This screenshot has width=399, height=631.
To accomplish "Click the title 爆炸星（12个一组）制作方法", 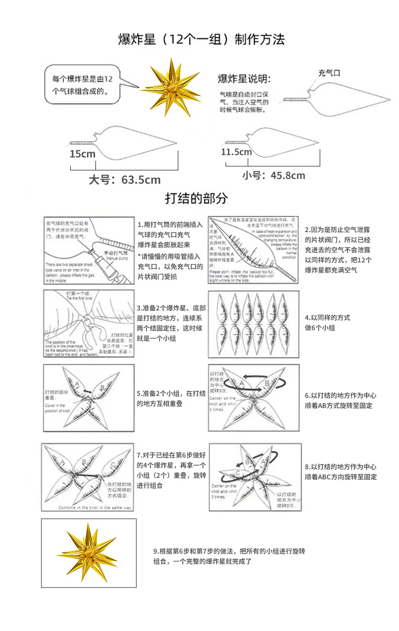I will [x=202, y=39].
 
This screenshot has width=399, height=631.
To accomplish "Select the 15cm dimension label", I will [x=82, y=154].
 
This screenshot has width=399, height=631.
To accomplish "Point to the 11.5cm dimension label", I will [x=236, y=152].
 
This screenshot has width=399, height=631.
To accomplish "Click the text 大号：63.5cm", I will [x=124, y=179].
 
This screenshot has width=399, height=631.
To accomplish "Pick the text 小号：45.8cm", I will [x=273, y=175].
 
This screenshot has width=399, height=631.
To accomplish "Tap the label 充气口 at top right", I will [x=329, y=72].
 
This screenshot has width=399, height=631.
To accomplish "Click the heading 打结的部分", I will [x=196, y=198].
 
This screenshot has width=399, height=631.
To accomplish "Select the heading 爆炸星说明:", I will [x=244, y=78].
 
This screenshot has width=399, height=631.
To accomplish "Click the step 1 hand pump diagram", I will [x=89, y=251].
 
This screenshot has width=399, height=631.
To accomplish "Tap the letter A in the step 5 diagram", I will [x=78, y=384].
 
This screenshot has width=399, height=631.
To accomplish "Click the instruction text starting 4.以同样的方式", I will [x=327, y=323].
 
